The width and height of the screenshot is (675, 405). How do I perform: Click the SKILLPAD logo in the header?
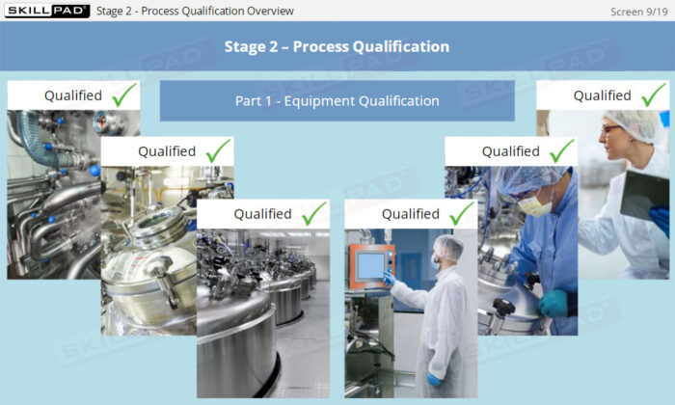click(x=47, y=11)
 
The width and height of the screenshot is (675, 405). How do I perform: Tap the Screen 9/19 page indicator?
click(x=638, y=12)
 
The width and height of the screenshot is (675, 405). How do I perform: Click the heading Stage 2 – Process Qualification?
click(x=337, y=46)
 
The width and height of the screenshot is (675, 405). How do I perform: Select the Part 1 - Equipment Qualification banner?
click(x=337, y=100)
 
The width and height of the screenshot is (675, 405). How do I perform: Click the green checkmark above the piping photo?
click(x=124, y=94)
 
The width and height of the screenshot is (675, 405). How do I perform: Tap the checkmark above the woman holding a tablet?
click(x=653, y=94)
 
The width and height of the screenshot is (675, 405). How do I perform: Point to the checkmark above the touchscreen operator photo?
click(x=462, y=213)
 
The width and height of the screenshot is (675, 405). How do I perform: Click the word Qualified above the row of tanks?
click(x=262, y=214)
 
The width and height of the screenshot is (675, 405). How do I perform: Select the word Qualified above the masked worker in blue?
click(x=510, y=151)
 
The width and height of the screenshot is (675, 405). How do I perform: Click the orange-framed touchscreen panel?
click(x=371, y=265)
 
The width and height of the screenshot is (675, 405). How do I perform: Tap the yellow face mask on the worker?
click(x=535, y=204)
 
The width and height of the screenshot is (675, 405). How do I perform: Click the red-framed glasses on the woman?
click(x=610, y=128)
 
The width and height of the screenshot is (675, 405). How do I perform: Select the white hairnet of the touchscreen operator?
click(x=447, y=247)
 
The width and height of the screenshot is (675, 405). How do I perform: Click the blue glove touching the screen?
click(x=389, y=279)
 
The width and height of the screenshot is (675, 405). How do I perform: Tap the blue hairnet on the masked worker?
click(x=530, y=179)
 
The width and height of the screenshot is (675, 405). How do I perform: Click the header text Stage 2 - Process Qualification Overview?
click(x=195, y=11)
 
